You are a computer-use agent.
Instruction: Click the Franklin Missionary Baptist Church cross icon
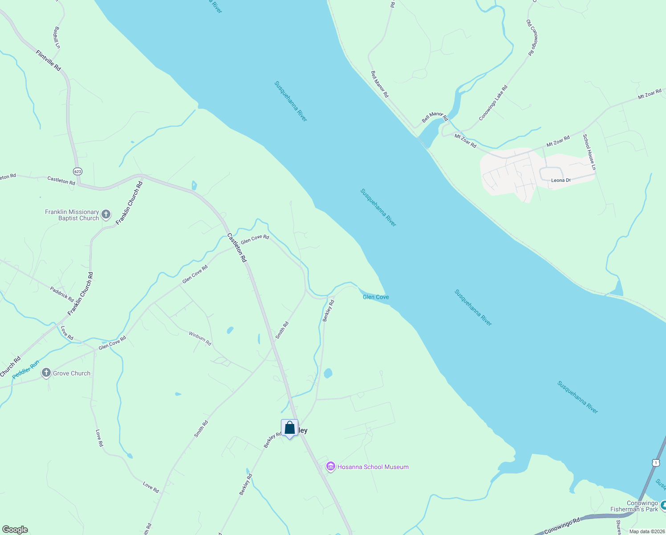106,214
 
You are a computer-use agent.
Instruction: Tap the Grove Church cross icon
46,373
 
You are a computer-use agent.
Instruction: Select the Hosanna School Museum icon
330,467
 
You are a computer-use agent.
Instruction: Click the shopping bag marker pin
289,428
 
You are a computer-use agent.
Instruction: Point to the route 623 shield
78,171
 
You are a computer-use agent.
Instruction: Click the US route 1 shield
656,463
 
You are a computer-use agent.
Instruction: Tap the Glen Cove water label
376,297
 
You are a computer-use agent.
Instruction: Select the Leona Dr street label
560,181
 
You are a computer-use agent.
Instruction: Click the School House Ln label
589,152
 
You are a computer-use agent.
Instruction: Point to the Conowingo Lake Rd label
493,103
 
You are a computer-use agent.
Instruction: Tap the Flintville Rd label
49,61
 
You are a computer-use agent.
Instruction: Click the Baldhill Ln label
57,37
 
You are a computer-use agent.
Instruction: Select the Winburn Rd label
200,338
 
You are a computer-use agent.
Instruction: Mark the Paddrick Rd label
62,294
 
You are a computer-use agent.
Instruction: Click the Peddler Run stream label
26,370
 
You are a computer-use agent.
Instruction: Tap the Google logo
15,530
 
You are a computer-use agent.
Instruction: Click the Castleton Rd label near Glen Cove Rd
236,247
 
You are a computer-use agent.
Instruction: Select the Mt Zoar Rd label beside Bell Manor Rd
465,141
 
